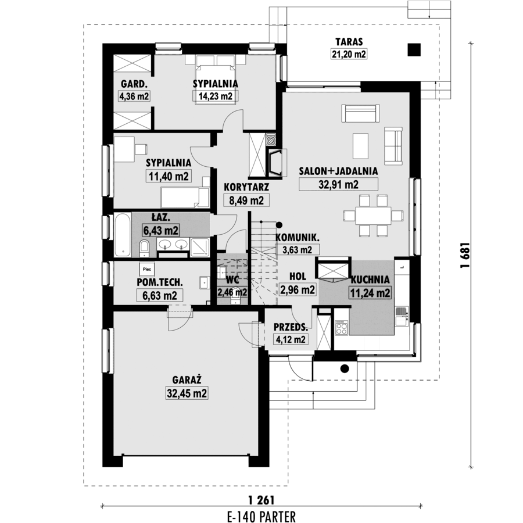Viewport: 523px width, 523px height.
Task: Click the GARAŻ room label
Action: click(187, 380)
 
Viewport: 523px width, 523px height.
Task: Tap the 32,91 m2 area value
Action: click(339, 184)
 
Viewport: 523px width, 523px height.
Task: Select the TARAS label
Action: click(349, 42)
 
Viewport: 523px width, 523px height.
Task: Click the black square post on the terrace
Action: click(414, 50)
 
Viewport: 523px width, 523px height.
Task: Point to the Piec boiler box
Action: click(147, 269)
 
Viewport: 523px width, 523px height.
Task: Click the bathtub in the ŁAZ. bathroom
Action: click(123, 235)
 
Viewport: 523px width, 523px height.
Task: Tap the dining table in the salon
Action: click(373, 216)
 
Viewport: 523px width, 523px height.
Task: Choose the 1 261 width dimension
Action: click(261, 500)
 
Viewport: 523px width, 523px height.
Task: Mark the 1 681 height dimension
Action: click(465, 255)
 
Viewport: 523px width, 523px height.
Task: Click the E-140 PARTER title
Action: click(261, 517)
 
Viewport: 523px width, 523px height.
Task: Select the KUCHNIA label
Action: click(370, 280)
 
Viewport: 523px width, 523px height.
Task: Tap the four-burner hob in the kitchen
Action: click(341, 327)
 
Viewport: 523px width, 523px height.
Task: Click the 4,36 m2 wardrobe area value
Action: click(134, 96)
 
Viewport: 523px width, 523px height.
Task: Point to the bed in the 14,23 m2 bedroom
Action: click(215, 83)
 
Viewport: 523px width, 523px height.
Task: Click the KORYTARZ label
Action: click(246, 187)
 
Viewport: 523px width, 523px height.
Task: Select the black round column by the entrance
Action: click(345, 369)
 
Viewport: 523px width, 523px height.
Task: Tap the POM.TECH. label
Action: click(160, 282)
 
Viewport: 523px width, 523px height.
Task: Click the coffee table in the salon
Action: click(360, 146)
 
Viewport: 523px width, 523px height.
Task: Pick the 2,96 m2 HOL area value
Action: click(298, 289)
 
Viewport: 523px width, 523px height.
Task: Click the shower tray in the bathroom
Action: click(199, 248)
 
